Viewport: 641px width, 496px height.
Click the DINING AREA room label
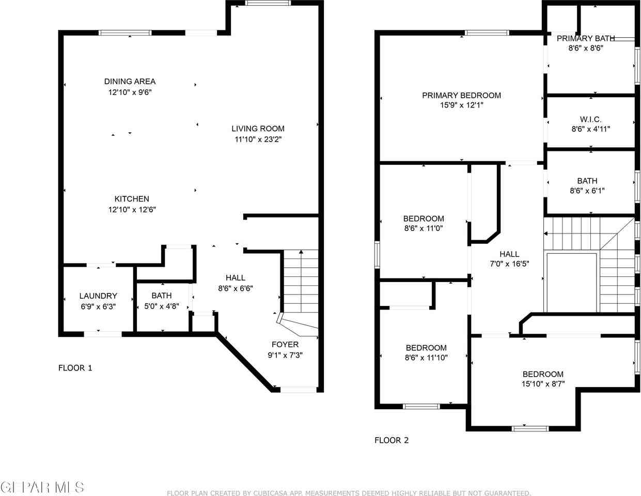pos(130,82)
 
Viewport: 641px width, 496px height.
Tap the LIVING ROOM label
pos(258,129)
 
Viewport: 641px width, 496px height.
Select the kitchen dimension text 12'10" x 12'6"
pos(132,209)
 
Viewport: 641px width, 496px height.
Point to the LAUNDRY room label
pos(98,296)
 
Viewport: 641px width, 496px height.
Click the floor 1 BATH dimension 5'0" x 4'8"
pos(162,306)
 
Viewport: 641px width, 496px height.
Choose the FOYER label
pos(285,344)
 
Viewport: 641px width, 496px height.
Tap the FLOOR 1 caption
pos(75,368)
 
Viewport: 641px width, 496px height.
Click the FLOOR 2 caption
pos(392,440)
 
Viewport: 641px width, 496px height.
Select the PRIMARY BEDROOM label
pos(461,95)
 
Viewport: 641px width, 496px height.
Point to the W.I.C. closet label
pos(590,119)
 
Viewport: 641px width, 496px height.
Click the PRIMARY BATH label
pos(586,38)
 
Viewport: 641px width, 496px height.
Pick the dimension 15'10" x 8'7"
pos(543,383)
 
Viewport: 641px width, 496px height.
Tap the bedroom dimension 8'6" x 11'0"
pos(424,228)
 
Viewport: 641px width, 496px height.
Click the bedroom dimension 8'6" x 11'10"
pos(426,358)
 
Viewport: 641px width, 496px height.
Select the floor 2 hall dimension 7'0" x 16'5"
pos(509,263)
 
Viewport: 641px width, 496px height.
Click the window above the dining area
pos(125,33)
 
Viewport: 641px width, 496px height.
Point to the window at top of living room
pos(268,3)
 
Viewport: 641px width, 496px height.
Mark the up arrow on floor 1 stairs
pos(301,281)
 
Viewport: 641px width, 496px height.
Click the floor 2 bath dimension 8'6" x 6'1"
pos(587,191)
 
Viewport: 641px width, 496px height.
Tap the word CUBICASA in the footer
pos(260,493)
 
